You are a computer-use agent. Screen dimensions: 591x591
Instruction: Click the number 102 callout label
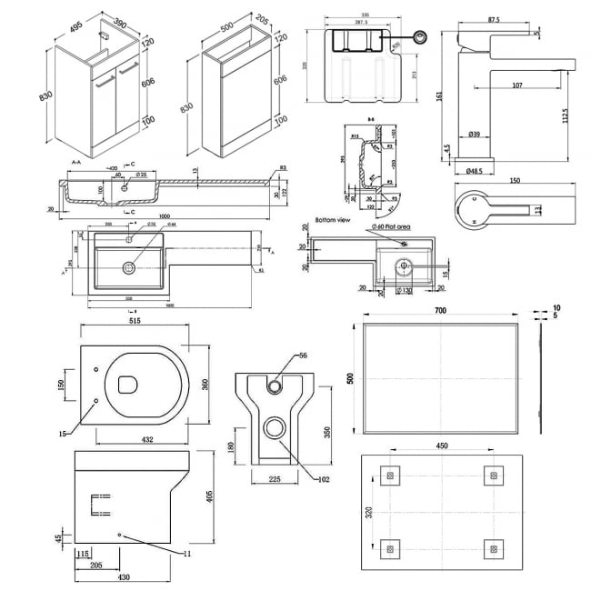click(x=323, y=478)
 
